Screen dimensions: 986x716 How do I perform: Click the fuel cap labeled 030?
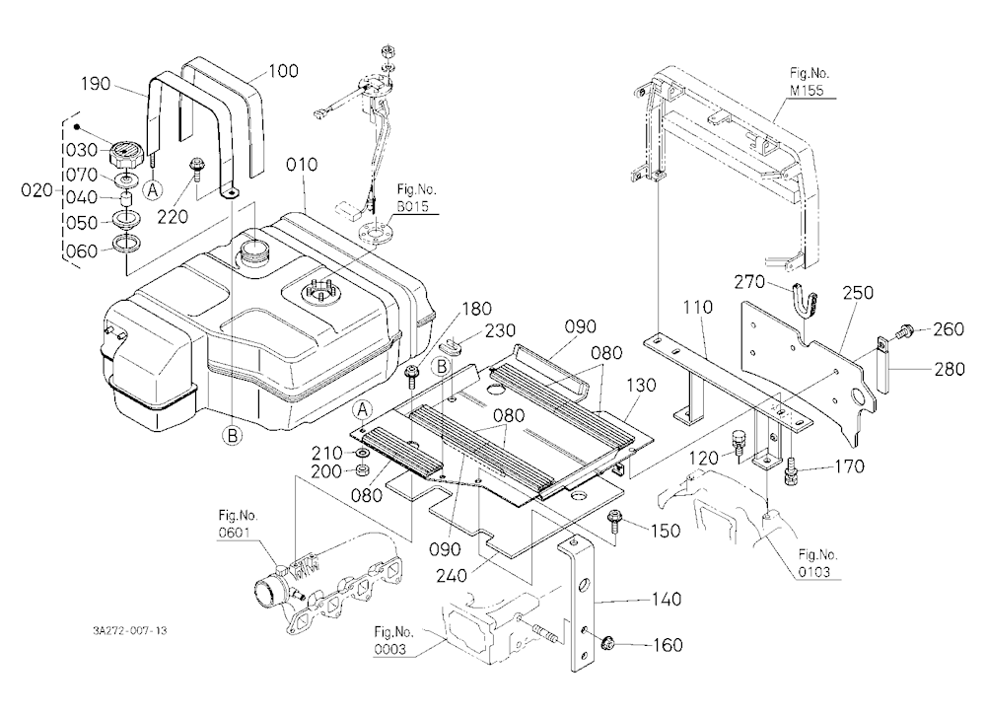[x=126, y=151]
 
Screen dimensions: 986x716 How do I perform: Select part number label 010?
[x=302, y=165]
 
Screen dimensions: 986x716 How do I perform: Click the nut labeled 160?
[x=607, y=643]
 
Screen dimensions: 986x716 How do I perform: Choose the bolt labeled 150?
[x=613, y=523]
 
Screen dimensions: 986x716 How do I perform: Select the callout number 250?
[x=858, y=293]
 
